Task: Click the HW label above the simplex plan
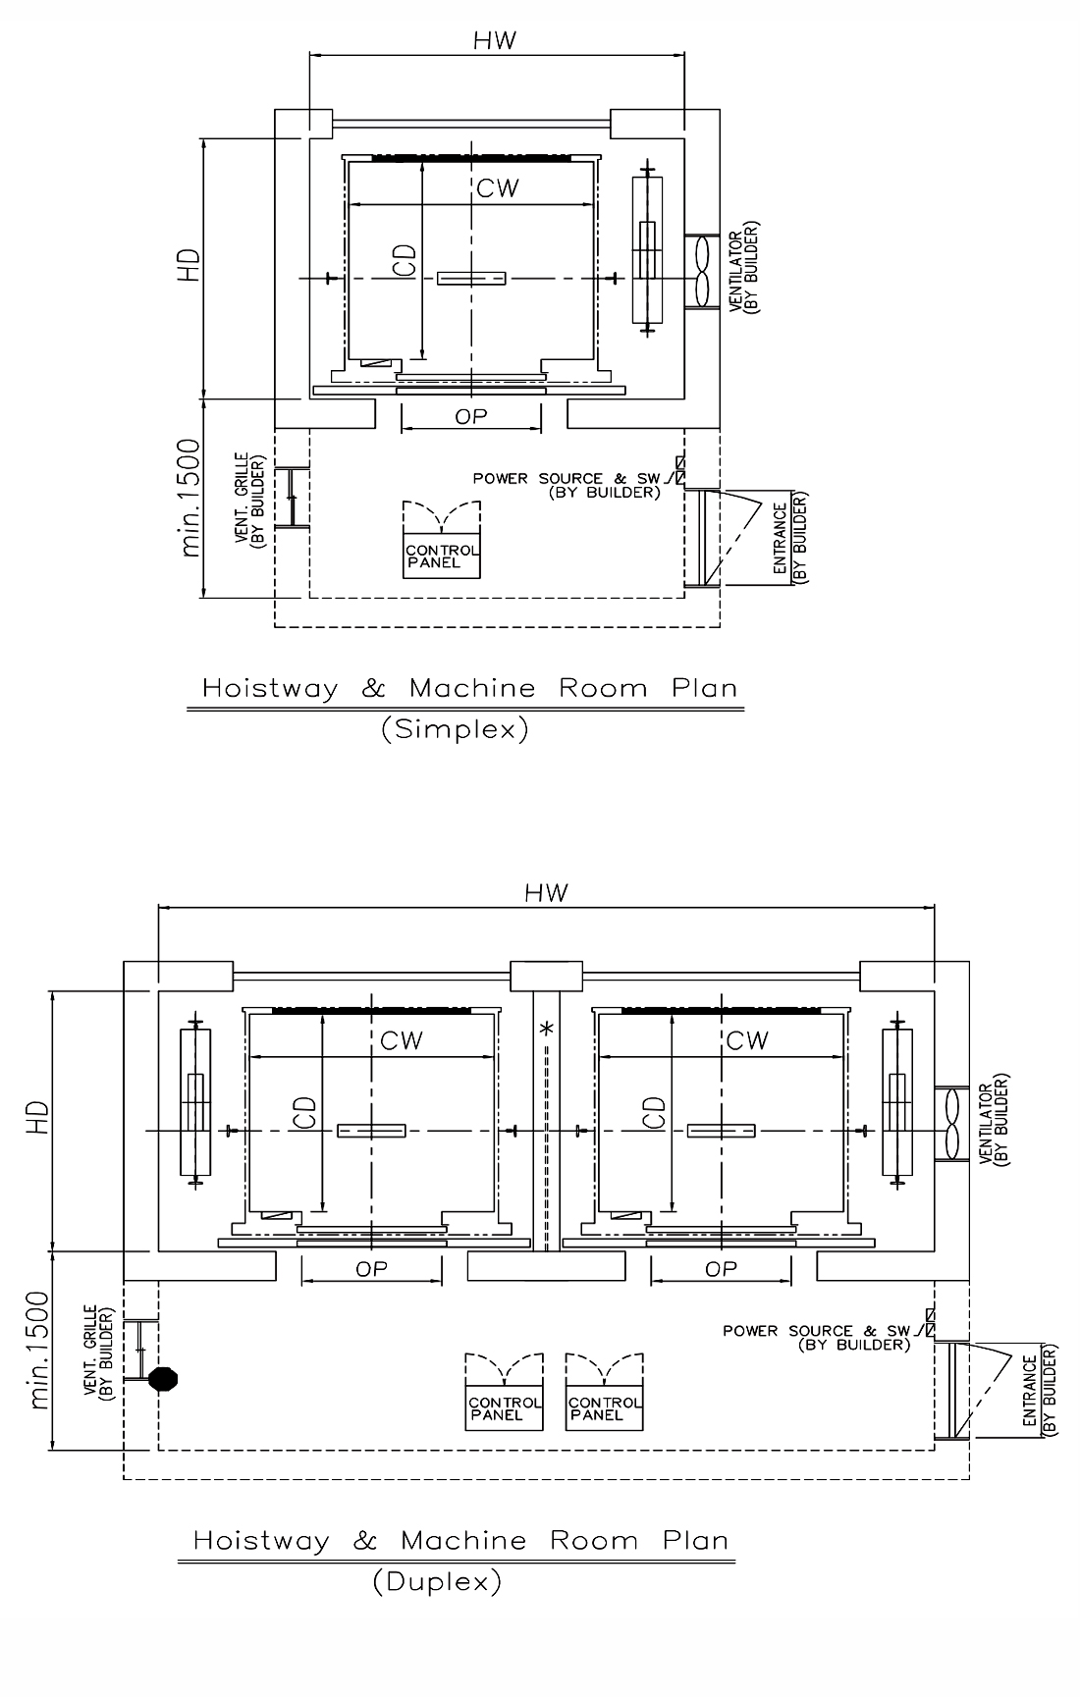tap(495, 40)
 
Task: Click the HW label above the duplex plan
tap(547, 892)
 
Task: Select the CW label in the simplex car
tap(498, 188)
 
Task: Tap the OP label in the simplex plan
tap(471, 416)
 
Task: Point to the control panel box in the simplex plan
tap(443, 557)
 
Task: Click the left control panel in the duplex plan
tap(504, 1408)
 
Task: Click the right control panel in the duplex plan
tap(605, 1408)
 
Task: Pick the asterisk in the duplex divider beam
tap(547, 1030)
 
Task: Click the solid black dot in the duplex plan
tap(164, 1379)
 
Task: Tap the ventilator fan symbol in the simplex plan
tap(702, 272)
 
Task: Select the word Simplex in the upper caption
tap(455, 729)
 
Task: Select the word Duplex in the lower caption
tap(437, 1582)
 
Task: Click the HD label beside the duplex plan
tap(38, 1117)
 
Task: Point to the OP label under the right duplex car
tap(721, 1269)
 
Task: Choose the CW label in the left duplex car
tap(402, 1040)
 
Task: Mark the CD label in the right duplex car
tap(654, 1113)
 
